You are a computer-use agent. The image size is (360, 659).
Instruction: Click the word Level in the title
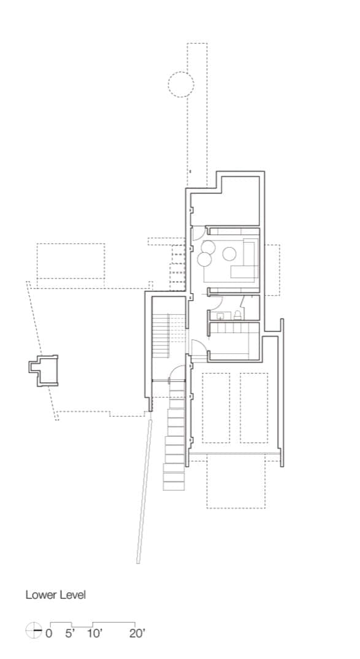coord(73,595)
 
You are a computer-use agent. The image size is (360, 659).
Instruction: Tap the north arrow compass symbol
coord(34,631)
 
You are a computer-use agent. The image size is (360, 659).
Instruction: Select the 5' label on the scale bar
coord(70,633)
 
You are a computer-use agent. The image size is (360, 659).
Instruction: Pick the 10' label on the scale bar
coord(94,633)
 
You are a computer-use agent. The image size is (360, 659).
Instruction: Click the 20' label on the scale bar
coord(137,633)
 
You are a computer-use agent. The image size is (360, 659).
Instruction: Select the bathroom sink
coord(220,315)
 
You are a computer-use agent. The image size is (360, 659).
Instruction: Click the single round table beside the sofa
coord(229,254)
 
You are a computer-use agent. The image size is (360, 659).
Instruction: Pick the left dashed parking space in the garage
coord(216,407)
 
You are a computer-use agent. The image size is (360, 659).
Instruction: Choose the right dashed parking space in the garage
coord(254,407)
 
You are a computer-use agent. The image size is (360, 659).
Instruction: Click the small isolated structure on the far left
coord(44,370)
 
